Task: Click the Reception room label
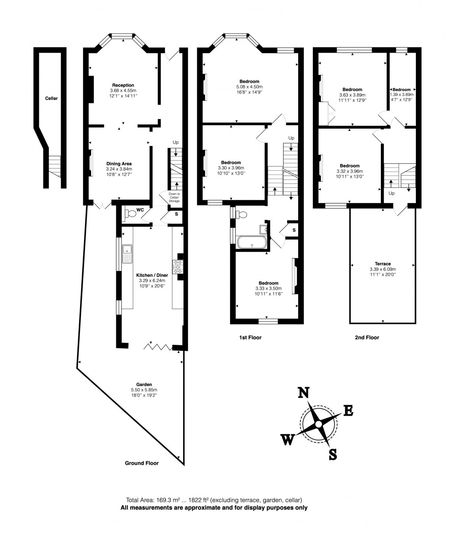coord(123,85)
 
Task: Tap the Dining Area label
coord(119,164)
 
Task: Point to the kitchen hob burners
coord(179,267)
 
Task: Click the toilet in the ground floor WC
coord(131,214)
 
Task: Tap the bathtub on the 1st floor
coord(252,243)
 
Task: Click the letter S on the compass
coord(333,454)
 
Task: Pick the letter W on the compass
coord(288,440)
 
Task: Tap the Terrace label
coord(382,264)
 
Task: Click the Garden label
coord(144,384)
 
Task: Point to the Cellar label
coord(51,98)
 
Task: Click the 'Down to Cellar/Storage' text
coord(174,198)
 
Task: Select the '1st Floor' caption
coord(250,337)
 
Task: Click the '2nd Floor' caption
coord(367,337)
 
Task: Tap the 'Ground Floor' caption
coord(142,463)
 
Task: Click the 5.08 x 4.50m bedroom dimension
coord(250,87)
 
